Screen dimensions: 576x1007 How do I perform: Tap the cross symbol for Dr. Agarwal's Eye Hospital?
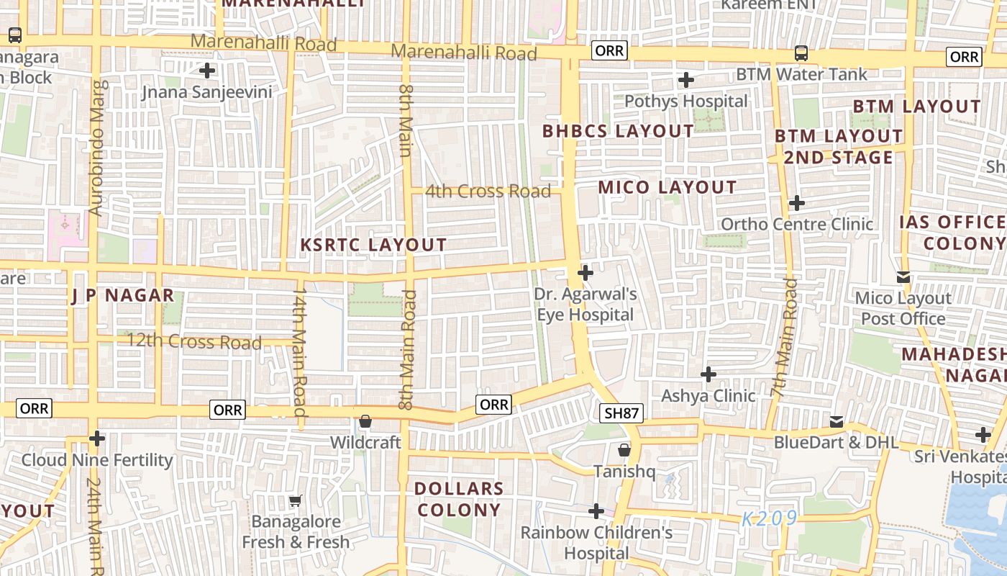pos(585,273)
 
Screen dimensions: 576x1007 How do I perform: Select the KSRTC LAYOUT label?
pos(373,245)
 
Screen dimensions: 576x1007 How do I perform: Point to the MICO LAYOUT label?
pos(667,187)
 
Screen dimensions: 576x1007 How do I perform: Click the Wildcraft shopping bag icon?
pos(365,421)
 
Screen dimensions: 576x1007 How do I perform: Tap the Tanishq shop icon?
pos(624,450)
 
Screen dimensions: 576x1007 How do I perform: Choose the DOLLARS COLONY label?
pos(458,499)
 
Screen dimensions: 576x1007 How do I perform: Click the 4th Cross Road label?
pos(488,192)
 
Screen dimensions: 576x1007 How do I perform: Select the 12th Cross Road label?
pos(194,341)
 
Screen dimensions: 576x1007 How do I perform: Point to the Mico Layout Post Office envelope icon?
pos(903,277)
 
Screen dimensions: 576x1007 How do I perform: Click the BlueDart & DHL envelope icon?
pos(837,421)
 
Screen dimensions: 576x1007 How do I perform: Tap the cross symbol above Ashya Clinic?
pos(708,374)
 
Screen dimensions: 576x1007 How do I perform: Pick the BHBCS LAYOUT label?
pos(618,131)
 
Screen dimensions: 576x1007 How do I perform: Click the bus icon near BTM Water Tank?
pos(801,53)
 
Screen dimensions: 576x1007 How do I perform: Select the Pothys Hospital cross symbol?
pos(686,80)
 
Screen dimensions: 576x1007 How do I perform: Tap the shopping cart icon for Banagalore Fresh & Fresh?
pos(296,500)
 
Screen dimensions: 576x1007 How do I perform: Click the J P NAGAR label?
pos(123,295)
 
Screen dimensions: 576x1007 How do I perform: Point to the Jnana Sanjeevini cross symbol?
pos(207,71)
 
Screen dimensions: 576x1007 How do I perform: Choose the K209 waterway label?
pos(770,518)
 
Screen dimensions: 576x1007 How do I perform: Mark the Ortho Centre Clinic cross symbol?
pos(796,203)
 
